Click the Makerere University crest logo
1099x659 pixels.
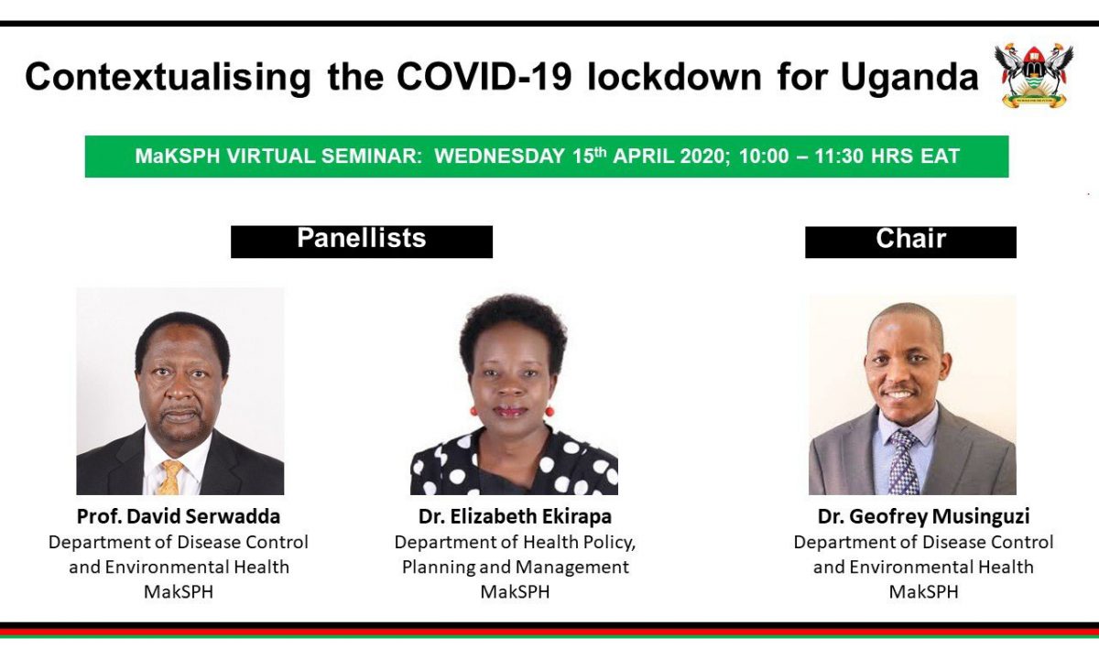click(1034, 75)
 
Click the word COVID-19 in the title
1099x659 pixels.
click(484, 77)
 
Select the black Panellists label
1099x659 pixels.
click(362, 242)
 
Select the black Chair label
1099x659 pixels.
click(910, 242)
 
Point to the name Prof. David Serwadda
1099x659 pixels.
click(179, 516)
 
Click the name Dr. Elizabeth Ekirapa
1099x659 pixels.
click(515, 516)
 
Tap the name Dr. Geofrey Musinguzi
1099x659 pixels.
click(923, 517)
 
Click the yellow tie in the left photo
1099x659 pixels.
click(170, 477)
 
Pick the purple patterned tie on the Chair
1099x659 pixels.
click(904, 462)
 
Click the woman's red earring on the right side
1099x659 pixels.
click(549, 411)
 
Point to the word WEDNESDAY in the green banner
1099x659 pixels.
click(499, 157)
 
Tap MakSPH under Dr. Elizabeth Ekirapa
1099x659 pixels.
click(515, 592)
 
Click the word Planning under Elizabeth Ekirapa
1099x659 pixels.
click(438, 567)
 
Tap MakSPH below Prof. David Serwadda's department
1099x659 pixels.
click(179, 592)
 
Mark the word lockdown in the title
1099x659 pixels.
click(674, 77)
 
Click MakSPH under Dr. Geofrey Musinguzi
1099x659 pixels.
click(923, 592)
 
